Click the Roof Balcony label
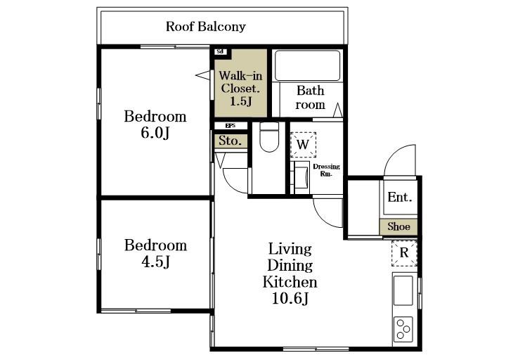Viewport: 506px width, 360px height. coord(205,27)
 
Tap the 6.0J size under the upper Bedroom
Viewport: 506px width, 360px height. coord(155,132)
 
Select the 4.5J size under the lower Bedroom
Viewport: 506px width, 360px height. coord(155,262)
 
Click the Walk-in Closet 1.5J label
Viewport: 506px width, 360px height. coord(240,88)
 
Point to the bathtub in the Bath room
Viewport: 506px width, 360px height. coord(307,65)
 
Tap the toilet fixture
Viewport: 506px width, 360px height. coord(269,137)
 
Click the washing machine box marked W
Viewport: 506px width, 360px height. coord(303,145)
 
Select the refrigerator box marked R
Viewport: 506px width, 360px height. coord(404,253)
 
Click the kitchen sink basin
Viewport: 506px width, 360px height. coord(403,290)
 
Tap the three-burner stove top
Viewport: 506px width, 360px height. coord(403,329)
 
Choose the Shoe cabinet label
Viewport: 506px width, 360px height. coord(399,226)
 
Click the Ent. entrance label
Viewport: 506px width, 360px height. coord(399,197)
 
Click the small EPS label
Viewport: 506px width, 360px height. coord(230,126)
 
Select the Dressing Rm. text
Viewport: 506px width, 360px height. coord(326,170)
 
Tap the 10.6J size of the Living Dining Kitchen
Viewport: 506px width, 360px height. coord(290,298)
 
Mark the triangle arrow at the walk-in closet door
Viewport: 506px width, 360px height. coord(202,75)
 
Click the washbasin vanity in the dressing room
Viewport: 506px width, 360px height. coord(301,177)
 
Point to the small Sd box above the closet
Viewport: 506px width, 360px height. coord(220,51)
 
